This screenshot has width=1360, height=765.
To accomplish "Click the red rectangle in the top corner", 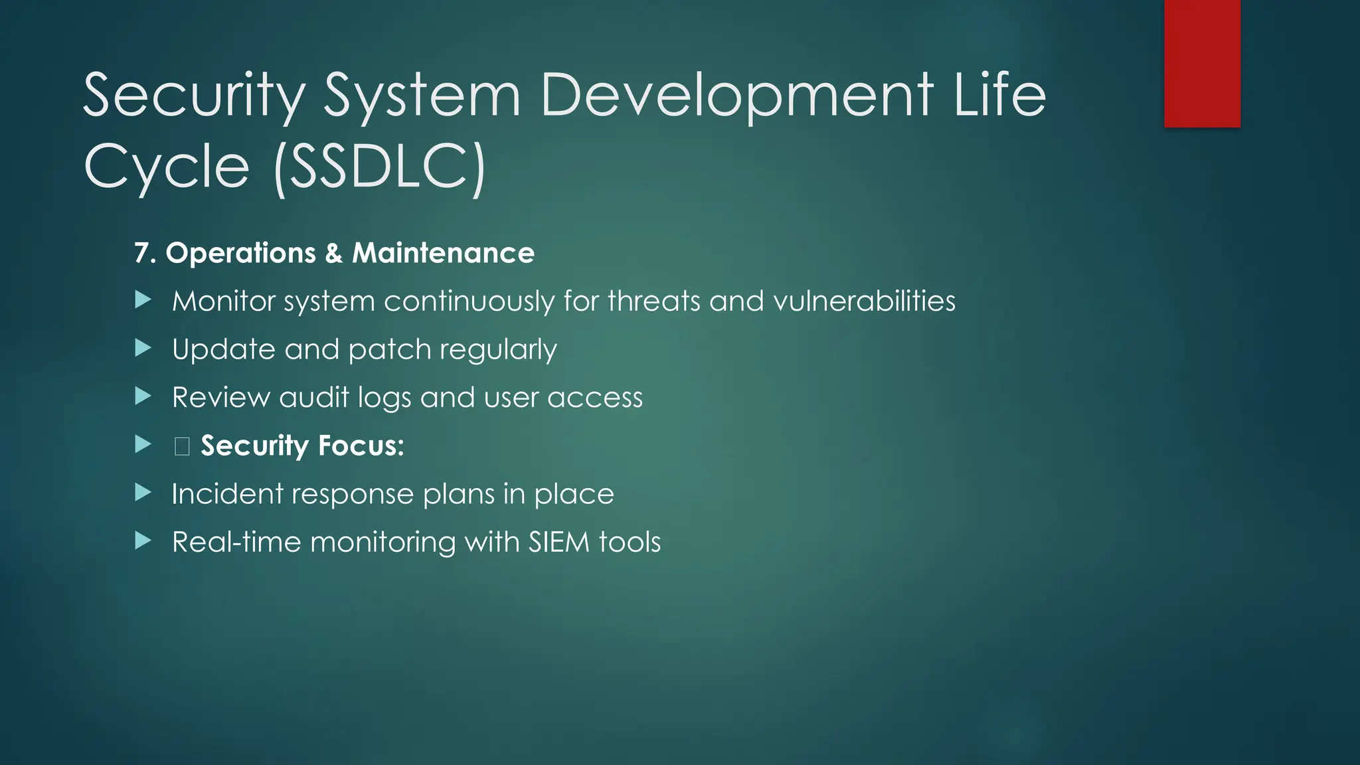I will click(x=1202, y=63).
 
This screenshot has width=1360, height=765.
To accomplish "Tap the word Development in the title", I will click(x=737, y=96).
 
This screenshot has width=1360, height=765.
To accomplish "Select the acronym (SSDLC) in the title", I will click(x=379, y=167).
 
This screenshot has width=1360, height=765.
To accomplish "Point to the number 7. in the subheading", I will click(x=145, y=253).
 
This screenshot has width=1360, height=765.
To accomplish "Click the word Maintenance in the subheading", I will click(x=443, y=253).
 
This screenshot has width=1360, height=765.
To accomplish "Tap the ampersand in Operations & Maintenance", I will click(x=333, y=254).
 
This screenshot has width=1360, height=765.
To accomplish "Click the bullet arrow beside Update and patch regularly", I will click(x=143, y=348).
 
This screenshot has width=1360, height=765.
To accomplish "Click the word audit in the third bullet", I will click(x=313, y=398).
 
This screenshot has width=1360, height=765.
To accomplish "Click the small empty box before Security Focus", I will click(x=182, y=446).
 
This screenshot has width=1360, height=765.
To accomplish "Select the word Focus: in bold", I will click(x=361, y=446).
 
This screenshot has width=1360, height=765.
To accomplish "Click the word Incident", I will click(x=227, y=494).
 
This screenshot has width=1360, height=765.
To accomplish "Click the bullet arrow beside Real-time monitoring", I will click(x=143, y=541).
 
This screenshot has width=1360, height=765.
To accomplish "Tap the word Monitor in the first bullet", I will click(x=223, y=301).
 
